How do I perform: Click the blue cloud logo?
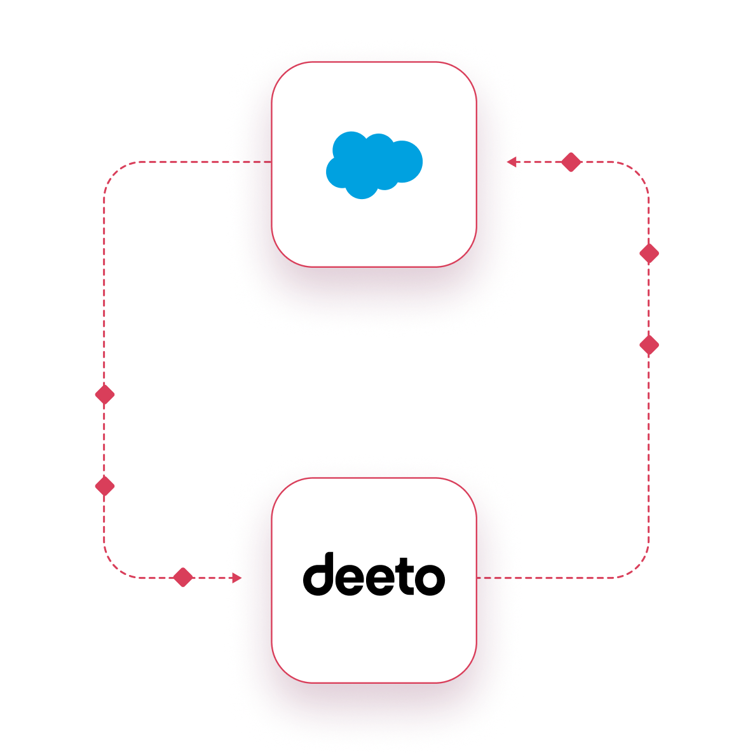pos(374,165)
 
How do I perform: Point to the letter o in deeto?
pos(429,579)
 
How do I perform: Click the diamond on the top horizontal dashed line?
pos(571,162)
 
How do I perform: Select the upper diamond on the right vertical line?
pos(649,253)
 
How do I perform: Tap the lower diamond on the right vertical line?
pos(649,345)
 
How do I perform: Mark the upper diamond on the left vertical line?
pos(104,395)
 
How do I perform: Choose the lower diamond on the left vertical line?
pos(104,487)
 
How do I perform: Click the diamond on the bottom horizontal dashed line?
pos(183,578)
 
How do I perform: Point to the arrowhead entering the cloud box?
pos(513,162)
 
